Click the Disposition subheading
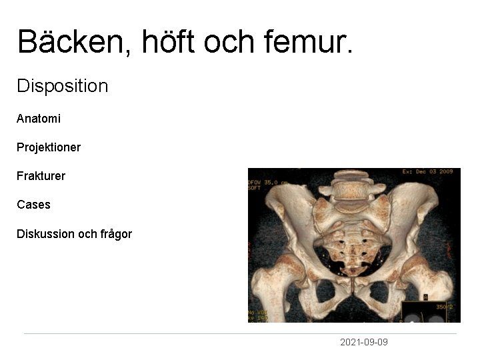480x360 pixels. (62, 86)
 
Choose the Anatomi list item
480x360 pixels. (39, 119)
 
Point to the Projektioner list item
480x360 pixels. (49, 147)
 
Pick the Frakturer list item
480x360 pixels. (41, 177)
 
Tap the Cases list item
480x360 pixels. (33, 205)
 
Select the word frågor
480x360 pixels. (116, 234)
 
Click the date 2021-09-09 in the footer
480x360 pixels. (363, 342)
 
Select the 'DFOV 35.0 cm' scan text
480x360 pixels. (267, 181)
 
